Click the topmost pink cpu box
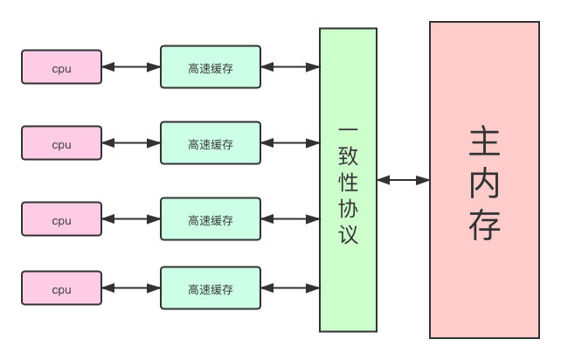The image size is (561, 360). (61, 67)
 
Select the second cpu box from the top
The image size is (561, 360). (61, 143)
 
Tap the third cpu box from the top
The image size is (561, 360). (61, 219)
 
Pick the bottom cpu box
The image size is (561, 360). (61, 288)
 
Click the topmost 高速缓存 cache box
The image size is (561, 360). (211, 67)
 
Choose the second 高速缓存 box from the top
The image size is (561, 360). (211, 143)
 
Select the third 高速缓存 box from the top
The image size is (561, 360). (211, 219)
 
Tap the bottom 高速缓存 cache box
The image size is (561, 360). (211, 288)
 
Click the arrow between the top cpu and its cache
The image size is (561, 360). (131, 66)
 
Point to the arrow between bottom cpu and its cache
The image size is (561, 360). (131, 287)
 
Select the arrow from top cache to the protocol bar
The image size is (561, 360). (290, 66)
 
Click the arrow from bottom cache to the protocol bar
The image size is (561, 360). (290, 287)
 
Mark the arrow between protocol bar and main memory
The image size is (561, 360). (403, 180)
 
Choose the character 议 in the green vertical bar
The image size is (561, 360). (348, 234)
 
